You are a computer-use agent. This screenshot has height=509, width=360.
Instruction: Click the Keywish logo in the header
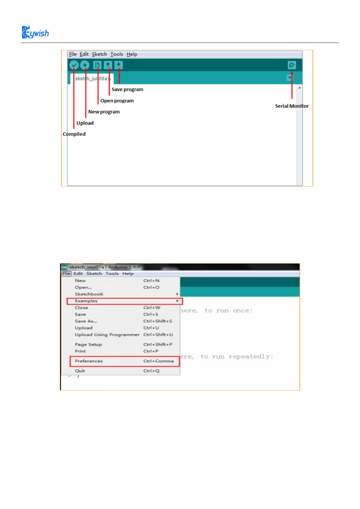tap(35, 32)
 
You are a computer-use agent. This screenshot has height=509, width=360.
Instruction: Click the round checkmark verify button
tap(74, 65)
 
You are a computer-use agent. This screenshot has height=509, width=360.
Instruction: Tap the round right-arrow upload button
tap(85, 65)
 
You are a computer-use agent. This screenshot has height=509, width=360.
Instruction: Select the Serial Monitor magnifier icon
tap(292, 65)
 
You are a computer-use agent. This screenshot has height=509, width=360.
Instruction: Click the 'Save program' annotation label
tap(127, 89)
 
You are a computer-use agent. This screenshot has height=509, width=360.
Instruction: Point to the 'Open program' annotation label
tap(117, 101)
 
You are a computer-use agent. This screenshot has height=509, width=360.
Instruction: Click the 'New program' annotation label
tap(104, 112)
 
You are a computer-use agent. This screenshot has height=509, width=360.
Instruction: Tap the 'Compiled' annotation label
tap(74, 134)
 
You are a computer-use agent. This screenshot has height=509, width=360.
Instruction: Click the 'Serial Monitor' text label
tap(292, 106)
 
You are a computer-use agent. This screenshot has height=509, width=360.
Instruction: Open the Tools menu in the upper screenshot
tap(116, 54)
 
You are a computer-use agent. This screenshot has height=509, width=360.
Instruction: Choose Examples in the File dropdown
tap(86, 301)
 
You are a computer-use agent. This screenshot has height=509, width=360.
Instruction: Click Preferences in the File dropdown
tap(89, 361)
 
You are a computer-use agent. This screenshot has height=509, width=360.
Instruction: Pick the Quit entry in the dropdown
tap(80, 371)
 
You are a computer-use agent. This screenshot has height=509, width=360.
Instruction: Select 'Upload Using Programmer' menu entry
tap(107, 335)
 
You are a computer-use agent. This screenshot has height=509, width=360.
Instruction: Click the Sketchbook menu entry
tap(89, 294)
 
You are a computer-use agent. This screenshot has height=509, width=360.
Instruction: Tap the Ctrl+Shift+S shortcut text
tap(157, 321)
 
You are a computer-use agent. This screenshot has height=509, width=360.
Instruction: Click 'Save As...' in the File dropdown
tap(86, 321)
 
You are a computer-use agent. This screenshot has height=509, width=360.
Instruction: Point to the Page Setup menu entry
tap(88, 345)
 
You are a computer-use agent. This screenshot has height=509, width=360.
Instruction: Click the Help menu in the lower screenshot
tap(128, 274)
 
